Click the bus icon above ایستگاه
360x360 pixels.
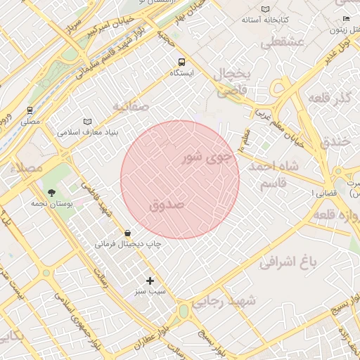pyautogui.click(x=182, y=62)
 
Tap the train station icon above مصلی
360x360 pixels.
pyautogui.click(x=30, y=110)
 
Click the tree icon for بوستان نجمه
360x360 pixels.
pyautogui.click(x=51, y=192)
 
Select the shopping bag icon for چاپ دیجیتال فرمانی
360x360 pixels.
pyautogui.click(x=127, y=233)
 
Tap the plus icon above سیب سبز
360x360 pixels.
pyautogui.click(x=149, y=281)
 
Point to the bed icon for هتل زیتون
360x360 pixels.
pyautogui.click(x=346, y=18)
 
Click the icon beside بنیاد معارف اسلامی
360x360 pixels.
pyautogui.click(x=87, y=122)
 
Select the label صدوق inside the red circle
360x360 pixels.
pyautogui.click(x=167, y=204)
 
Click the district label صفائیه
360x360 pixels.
pyautogui.click(x=130, y=105)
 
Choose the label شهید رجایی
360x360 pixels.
pyautogui.click(x=227, y=301)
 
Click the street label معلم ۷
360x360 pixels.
pyautogui.click(x=245, y=141)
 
